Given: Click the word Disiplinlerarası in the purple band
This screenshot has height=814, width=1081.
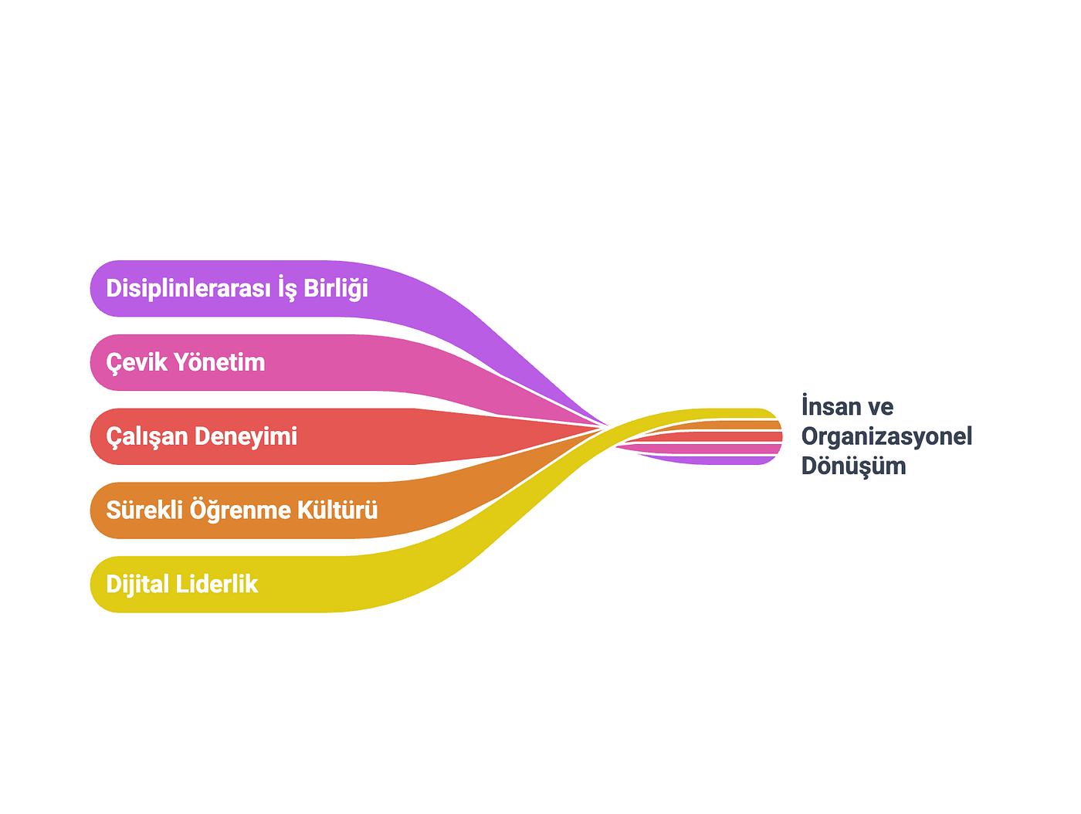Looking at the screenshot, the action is pyautogui.click(x=188, y=287).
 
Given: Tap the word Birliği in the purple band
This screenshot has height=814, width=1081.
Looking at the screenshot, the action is pyautogui.click(x=335, y=287).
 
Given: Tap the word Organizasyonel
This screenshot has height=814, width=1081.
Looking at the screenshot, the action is pyautogui.click(x=886, y=436).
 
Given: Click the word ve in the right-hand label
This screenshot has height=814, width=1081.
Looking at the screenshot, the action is pyautogui.click(x=879, y=407).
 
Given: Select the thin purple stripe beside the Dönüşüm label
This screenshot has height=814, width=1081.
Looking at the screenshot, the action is pyautogui.click(x=709, y=460).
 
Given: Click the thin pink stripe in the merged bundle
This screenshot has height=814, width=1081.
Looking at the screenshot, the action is pyautogui.click(x=709, y=448).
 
